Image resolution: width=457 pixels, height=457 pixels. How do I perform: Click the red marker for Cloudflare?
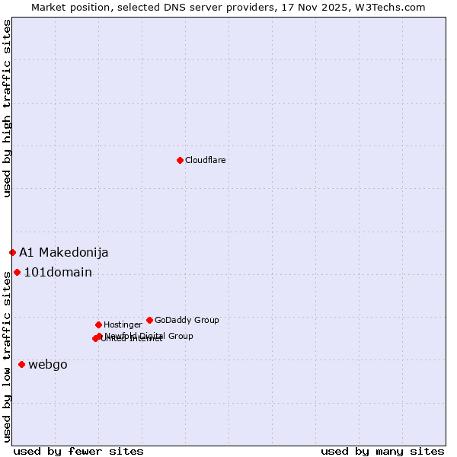point(180,160)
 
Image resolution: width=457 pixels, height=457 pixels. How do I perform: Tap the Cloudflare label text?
point(206,160)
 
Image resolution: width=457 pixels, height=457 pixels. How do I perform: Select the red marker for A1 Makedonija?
point(12,252)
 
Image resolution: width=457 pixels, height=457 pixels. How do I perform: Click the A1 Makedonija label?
point(64,252)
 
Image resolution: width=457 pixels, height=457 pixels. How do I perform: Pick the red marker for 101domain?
point(17,272)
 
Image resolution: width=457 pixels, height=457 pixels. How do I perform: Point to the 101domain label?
point(58,272)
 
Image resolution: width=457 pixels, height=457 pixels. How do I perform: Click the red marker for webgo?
point(21,364)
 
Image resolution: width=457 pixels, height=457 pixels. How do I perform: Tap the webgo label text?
point(48,364)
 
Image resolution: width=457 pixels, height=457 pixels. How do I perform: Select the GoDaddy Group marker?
point(149,320)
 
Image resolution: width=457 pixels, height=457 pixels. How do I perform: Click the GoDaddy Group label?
point(187,320)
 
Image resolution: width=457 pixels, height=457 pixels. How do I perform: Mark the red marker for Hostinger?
point(98,324)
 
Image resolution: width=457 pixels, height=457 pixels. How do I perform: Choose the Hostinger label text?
point(123,324)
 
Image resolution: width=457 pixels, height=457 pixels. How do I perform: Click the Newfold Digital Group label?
point(150,335)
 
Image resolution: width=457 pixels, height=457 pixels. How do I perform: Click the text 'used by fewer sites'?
point(78,451)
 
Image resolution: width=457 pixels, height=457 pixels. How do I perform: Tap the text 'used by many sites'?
point(382,451)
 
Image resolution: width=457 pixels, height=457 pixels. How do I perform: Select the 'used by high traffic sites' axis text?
point(7,109)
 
